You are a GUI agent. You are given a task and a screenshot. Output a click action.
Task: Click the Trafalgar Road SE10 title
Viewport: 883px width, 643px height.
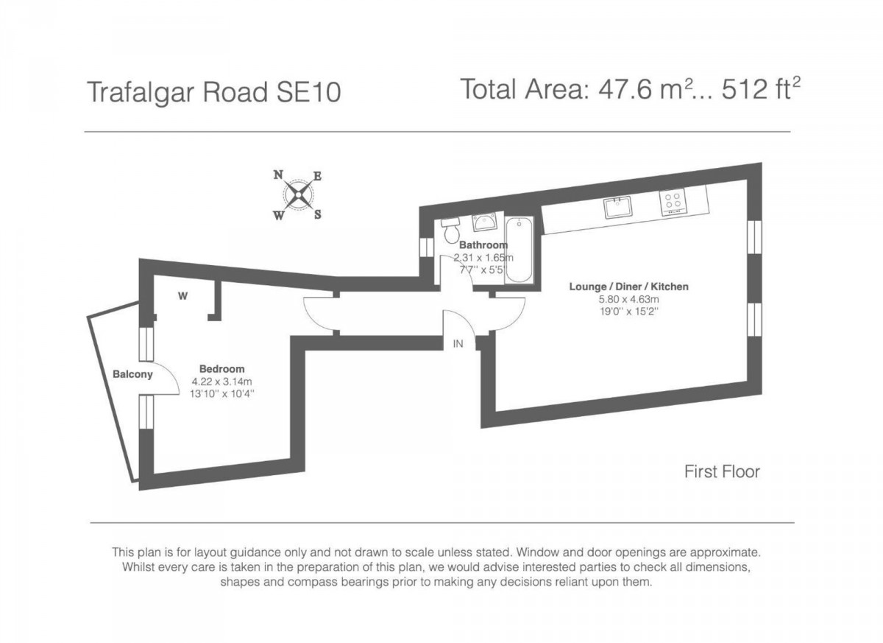pos(214,94)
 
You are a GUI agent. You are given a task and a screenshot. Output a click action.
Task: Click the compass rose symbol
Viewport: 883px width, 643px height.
pos(298,195)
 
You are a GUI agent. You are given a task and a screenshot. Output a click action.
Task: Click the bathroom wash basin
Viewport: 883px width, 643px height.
pos(483,222)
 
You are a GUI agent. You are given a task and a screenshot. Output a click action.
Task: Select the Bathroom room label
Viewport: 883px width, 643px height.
pos(483,245)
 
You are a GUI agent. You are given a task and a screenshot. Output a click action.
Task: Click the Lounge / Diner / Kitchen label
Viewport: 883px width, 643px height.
pos(628,287)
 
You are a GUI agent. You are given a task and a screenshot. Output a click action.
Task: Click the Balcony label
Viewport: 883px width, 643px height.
pos(132,374)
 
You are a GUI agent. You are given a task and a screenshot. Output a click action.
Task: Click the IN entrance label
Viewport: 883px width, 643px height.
pos(458,343)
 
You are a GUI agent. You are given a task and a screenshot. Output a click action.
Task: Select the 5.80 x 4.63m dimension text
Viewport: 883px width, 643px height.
pos(628,299)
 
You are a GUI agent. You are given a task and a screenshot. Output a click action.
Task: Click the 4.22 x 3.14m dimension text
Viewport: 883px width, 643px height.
pos(221,382)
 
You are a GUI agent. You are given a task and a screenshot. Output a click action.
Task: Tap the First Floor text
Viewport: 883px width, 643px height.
pos(722,471)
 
